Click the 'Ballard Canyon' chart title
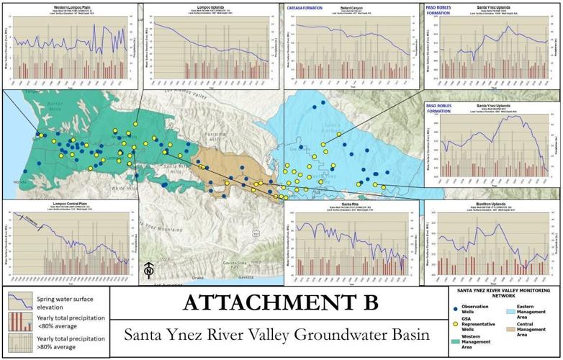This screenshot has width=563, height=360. point(352,7)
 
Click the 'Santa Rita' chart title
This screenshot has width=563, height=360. point(351,204)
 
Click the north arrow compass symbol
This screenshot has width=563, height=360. point(148,271)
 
